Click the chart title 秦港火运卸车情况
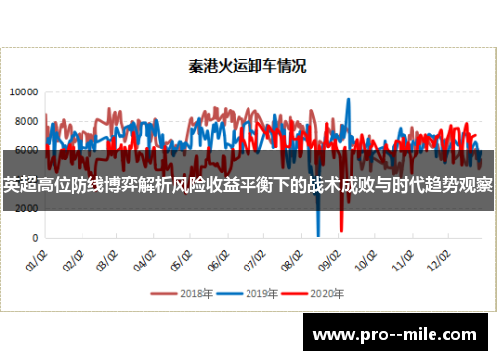(x=248, y=68)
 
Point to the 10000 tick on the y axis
(x=24, y=91)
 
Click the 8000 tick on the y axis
(x=27, y=121)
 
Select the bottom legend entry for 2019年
(x=249, y=294)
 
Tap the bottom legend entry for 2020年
(x=314, y=294)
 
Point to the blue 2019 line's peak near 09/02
(x=348, y=99)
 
